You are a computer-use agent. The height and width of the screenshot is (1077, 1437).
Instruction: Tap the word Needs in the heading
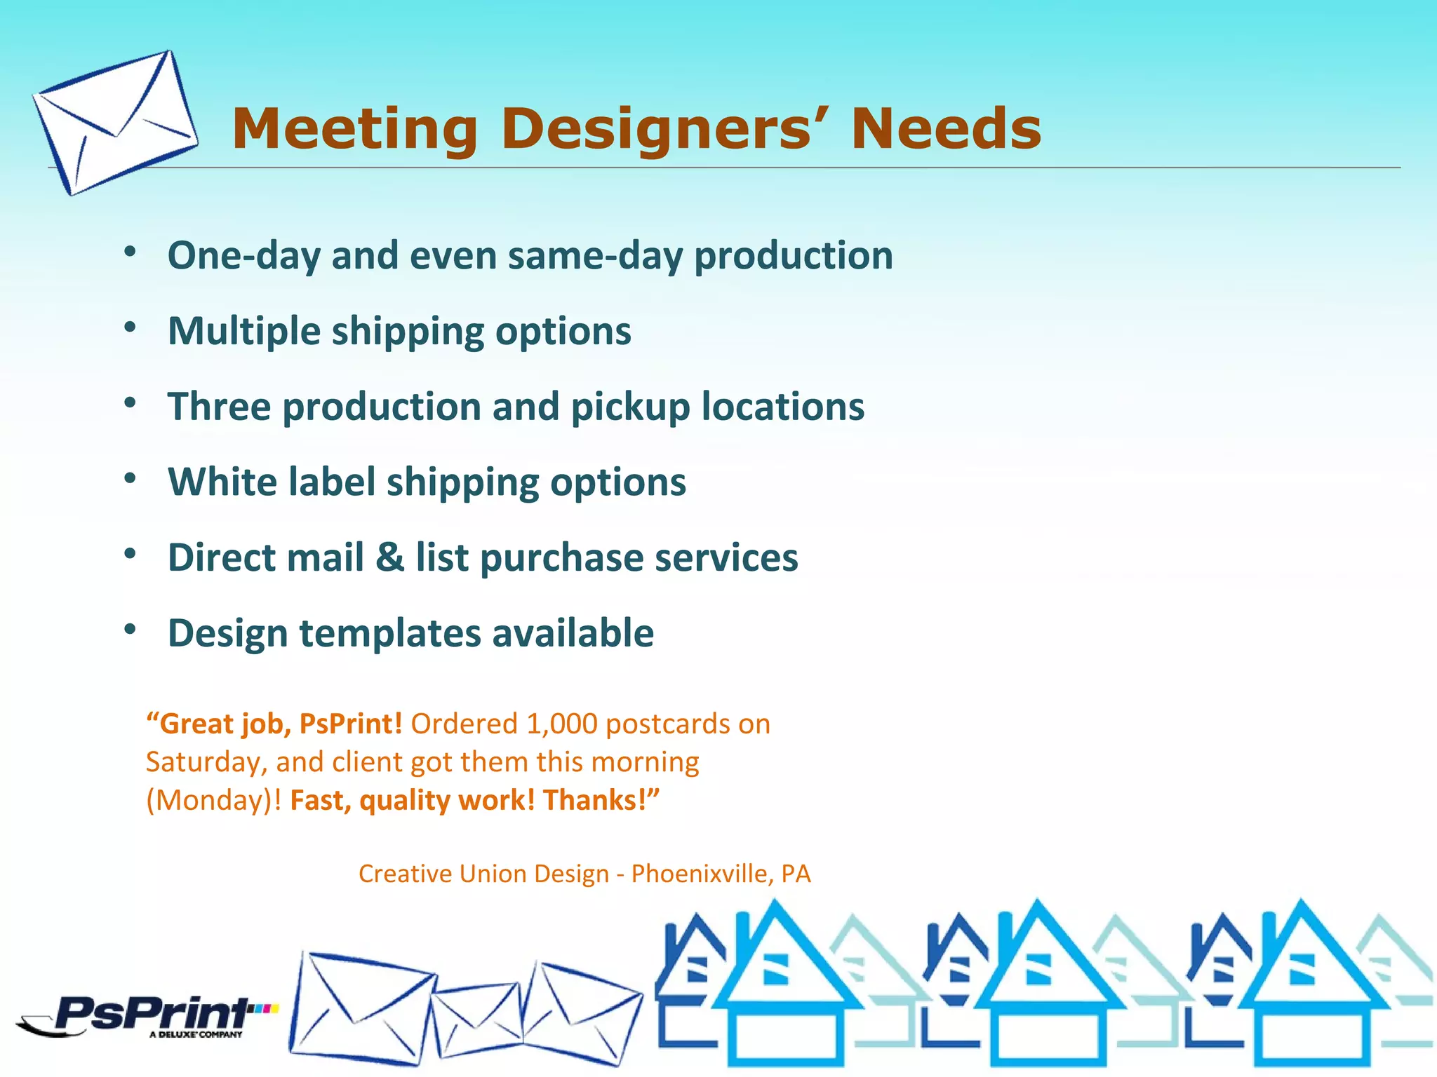945,130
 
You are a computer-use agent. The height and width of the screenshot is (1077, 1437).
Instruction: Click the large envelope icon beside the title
114,122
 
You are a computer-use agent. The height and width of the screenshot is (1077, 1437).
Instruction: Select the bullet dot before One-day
130,252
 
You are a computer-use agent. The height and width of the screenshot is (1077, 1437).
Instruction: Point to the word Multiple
244,332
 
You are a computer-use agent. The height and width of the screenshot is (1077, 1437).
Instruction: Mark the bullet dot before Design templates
130,630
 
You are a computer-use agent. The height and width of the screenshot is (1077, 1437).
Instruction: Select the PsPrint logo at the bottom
151,1015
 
